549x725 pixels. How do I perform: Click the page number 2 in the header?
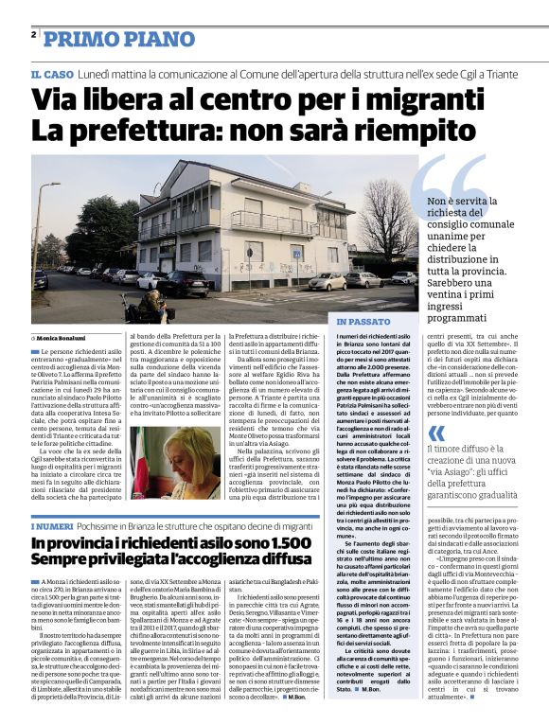34,34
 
